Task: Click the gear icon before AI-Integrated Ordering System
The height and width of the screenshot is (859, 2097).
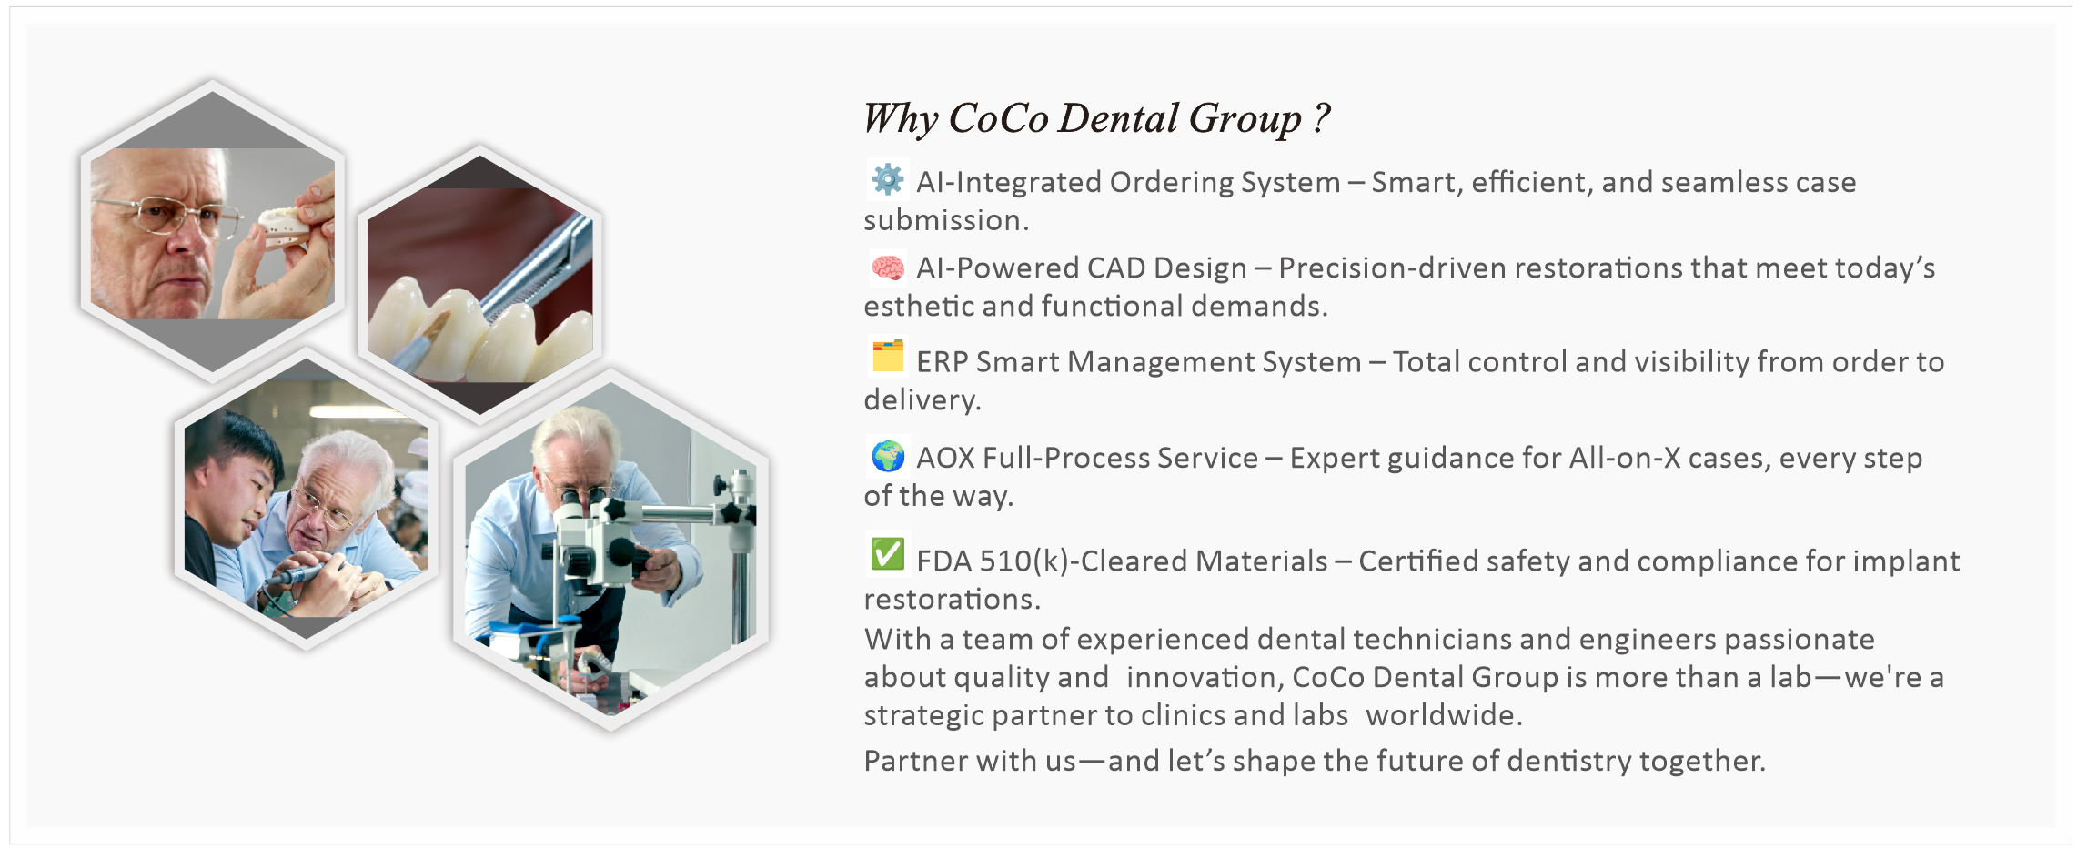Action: [x=887, y=179]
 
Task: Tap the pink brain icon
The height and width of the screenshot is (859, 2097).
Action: [x=887, y=268]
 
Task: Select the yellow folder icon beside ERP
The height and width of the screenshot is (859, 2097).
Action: [x=887, y=356]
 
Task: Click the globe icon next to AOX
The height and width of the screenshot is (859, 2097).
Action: [x=887, y=456]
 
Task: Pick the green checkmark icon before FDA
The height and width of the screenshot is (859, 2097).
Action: [x=887, y=554]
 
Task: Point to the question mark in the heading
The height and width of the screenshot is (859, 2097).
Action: [x=1322, y=118]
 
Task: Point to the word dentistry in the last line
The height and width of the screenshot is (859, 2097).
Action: [x=1569, y=762]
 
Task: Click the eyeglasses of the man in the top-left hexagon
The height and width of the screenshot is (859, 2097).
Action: [x=168, y=216]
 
